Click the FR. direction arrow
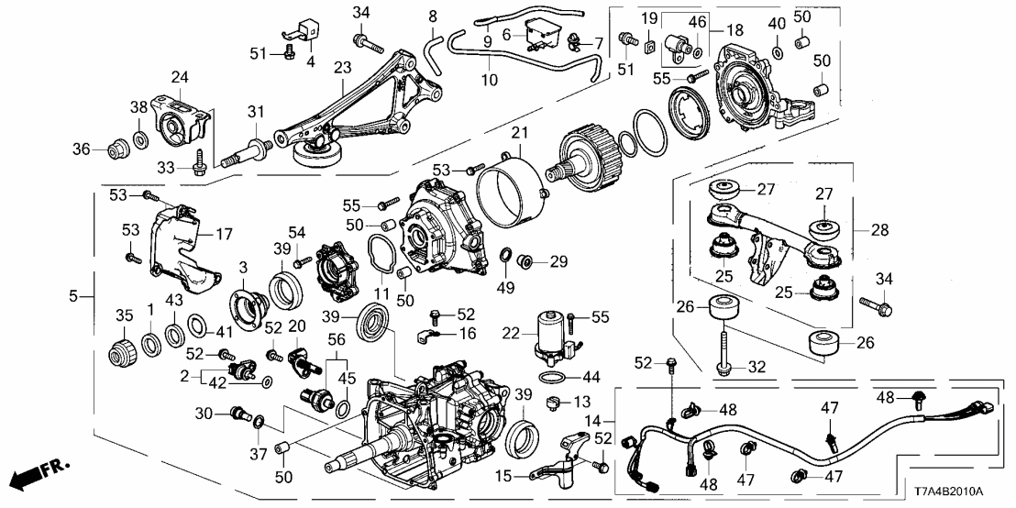tap(42, 475)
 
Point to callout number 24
tap(179, 77)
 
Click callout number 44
tap(593, 378)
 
